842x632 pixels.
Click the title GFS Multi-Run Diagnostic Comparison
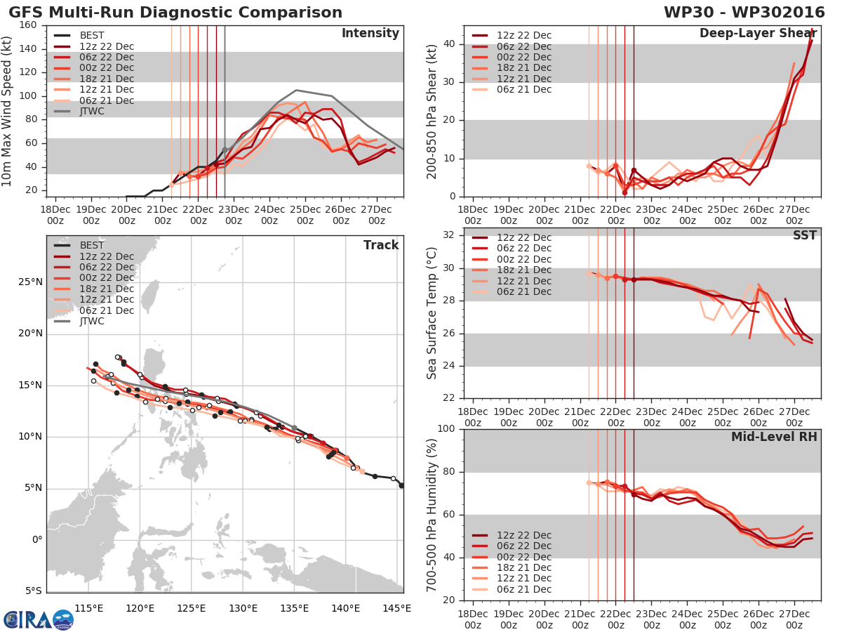pyautogui.click(x=175, y=13)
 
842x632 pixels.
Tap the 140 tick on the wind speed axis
pyautogui.click(x=29, y=48)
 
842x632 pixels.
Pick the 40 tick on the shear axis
pyautogui.click(x=450, y=44)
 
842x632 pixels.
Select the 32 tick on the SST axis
pyautogui.click(x=450, y=235)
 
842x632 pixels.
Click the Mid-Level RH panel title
pyautogui.click(x=774, y=437)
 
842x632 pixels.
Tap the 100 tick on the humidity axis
pyautogui.click(x=446, y=429)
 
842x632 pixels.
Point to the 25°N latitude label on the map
pyautogui.click(x=29, y=282)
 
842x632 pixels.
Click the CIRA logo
pyautogui.click(x=39, y=619)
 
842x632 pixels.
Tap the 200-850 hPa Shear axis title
pyautogui.click(x=432, y=111)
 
